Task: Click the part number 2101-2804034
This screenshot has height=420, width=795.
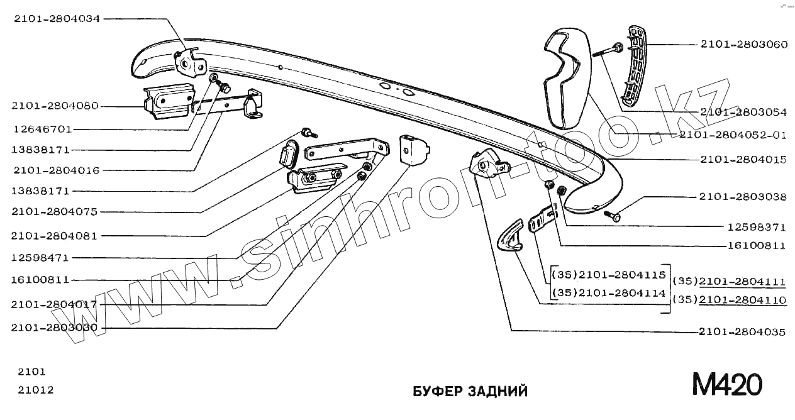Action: coord(57,18)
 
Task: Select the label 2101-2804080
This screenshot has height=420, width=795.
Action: coord(55,106)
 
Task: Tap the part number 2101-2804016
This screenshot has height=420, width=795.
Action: coord(56,170)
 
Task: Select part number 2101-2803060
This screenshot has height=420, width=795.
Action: coord(743,45)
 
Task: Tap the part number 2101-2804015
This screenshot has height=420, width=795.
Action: coord(743,160)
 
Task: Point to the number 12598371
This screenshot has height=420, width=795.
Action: coord(757,227)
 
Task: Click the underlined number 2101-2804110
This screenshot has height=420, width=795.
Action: coord(742,300)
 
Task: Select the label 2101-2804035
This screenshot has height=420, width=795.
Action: coord(742,332)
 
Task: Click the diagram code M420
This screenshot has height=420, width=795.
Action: coord(727,384)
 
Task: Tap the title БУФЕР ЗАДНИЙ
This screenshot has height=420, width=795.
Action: coord(470,392)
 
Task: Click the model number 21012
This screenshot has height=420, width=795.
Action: coord(36,390)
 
